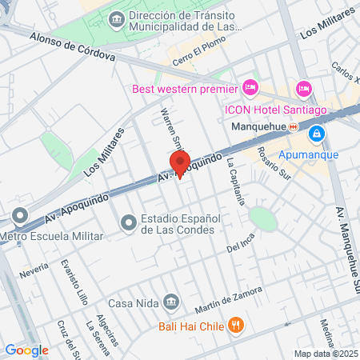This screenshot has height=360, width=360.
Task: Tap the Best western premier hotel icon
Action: click(x=250, y=86)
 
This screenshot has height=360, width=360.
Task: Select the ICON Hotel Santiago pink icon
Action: click(x=303, y=87)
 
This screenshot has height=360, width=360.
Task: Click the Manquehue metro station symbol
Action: click(x=294, y=126)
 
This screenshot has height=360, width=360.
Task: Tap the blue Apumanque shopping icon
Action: click(x=318, y=133)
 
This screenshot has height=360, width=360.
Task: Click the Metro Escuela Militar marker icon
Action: click(x=20, y=215)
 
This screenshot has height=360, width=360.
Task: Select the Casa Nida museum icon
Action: click(x=171, y=302)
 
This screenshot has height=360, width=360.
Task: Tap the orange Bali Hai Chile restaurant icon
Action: click(x=235, y=325)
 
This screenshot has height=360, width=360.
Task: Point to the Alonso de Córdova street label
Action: click(x=72, y=47)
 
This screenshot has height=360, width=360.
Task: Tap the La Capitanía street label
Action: click(x=234, y=180)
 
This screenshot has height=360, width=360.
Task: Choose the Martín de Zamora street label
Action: click(x=228, y=299)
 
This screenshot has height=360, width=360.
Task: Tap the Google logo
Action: click(x=26, y=350)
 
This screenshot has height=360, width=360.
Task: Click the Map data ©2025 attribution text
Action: click(x=326, y=353)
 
